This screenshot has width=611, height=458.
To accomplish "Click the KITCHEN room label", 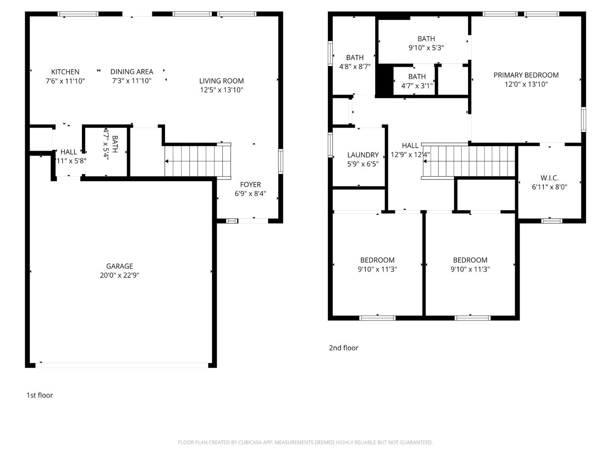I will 65,72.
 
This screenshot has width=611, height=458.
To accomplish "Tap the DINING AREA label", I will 132,72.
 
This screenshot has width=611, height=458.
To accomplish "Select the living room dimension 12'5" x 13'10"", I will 221,90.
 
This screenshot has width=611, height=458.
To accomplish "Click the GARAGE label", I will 119,266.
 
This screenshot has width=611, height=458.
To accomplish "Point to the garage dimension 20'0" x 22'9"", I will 119,275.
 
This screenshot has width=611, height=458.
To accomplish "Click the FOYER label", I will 250,184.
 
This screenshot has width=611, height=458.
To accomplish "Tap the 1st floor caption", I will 40,395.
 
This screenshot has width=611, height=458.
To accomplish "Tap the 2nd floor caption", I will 343,348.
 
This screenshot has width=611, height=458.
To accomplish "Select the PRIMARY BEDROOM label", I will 526,75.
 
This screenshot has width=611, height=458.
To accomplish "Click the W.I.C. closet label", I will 549,178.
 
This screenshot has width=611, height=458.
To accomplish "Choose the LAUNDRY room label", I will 363,155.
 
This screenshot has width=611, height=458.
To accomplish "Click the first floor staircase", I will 198,161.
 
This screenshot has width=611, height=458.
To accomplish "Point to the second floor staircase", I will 468,161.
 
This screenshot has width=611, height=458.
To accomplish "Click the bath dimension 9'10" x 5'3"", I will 426,48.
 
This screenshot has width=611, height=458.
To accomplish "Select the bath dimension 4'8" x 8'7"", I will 354,66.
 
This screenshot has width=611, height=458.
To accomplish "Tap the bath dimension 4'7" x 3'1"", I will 417,85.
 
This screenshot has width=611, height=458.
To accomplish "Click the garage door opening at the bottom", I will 122,365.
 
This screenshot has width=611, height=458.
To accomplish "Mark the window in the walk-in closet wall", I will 552,221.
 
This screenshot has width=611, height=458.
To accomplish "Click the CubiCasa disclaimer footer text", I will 305,443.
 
